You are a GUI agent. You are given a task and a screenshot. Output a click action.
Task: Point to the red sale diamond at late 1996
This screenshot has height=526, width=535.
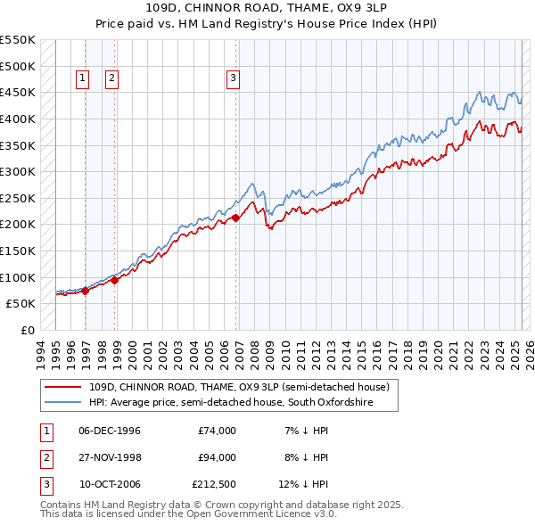coord(86,290)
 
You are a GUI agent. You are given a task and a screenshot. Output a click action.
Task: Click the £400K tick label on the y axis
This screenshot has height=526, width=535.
coord(18,119)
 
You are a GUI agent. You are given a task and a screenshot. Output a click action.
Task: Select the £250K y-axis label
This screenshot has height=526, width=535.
coord(18,198)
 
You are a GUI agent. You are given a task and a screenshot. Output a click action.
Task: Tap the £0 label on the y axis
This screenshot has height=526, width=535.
coord(27,330)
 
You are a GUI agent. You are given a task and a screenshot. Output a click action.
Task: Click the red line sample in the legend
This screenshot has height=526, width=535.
coord(63,388)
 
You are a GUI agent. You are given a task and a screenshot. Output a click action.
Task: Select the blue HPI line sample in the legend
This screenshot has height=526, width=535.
coord(63,403)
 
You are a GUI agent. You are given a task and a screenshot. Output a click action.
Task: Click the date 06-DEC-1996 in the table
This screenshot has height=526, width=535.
coord(110,431)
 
